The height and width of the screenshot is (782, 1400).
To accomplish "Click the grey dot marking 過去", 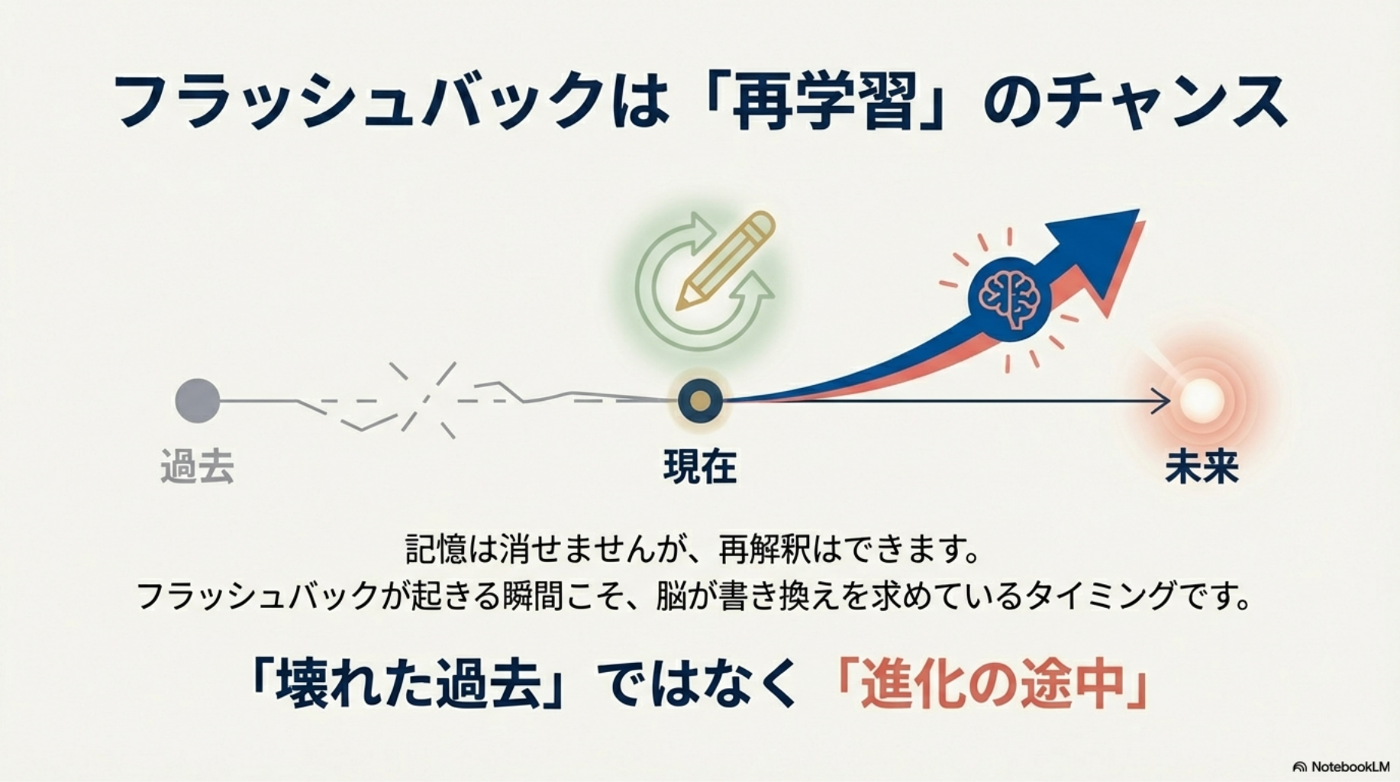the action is pyautogui.click(x=198, y=400).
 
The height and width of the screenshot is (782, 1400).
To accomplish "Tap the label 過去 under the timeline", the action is pyautogui.click(x=197, y=467).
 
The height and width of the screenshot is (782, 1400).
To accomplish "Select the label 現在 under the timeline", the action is pyautogui.click(x=700, y=467).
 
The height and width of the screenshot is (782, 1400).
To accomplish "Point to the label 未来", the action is pyautogui.click(x=1202, y=467).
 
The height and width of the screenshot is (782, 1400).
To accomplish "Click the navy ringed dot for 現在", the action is pyautogui.click(x=700, y=400).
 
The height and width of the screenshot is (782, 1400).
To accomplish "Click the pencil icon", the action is pyautogui.click(x=725, y=260).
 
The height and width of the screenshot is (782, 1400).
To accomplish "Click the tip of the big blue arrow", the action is pyautogui.click(x=1139, y=210).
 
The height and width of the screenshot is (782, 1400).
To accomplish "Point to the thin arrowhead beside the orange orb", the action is pyautogui.click(x=1161, y=401).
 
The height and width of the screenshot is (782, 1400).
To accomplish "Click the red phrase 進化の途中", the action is pyautogui.click(x=992, y=683).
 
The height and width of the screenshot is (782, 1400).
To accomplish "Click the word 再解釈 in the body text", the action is pyautogui.click(x=765, y=550).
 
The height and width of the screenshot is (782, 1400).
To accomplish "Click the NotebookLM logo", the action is pyautogui.click(x=1341, y=766).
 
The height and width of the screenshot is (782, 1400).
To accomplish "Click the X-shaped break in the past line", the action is pyautogui.click(x=424, y=400).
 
